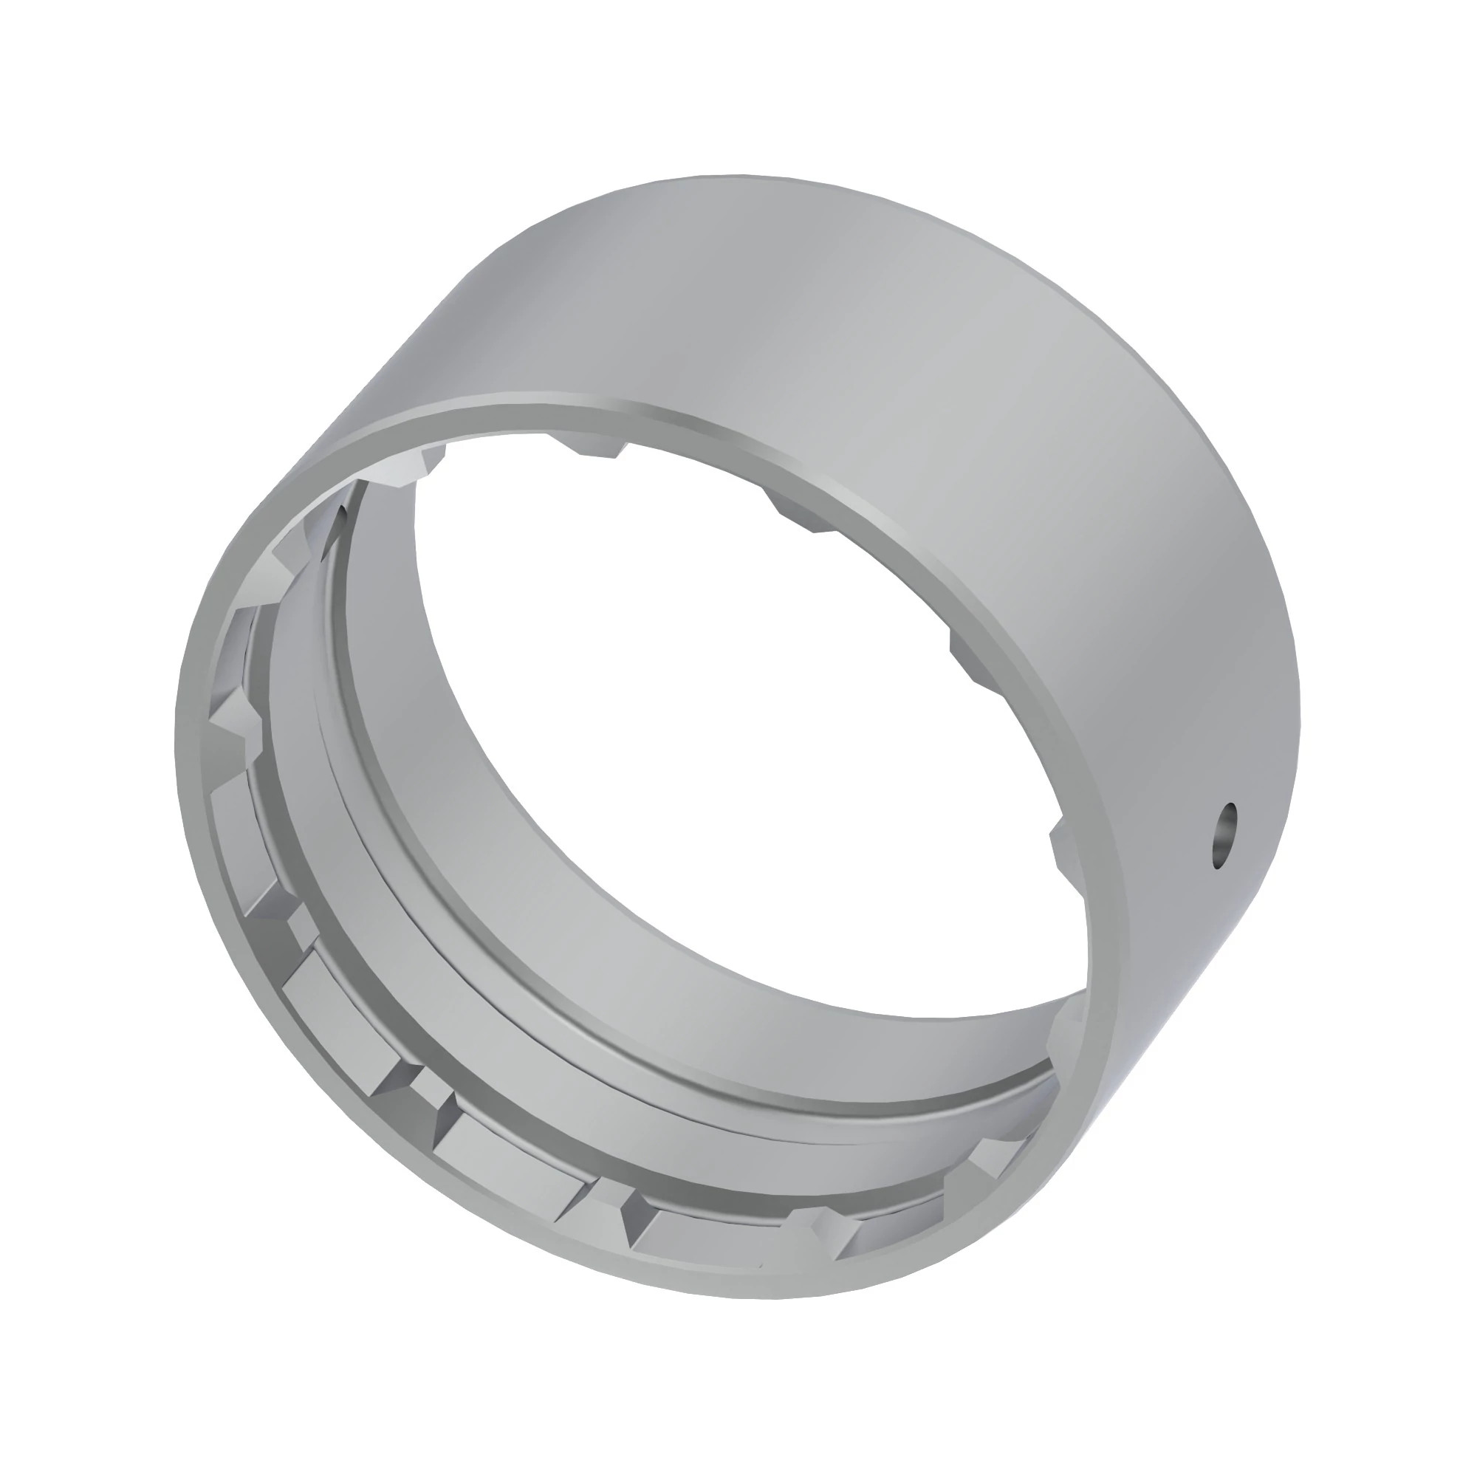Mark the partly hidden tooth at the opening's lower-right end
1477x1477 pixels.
(x=1066, y=1028)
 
